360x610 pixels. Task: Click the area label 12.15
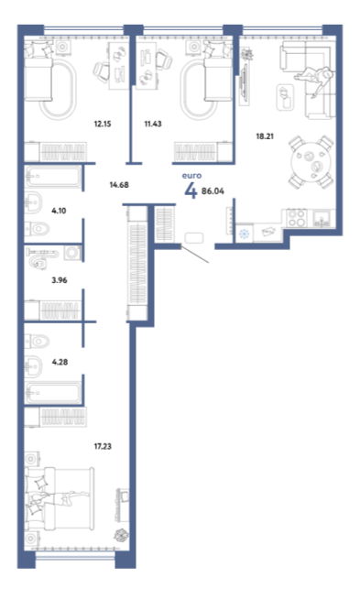[103, 124]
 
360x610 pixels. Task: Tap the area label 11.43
[153, 124]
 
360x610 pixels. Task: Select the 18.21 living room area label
[265, 136]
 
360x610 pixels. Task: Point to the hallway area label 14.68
[119, 185]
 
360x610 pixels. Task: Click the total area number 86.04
[213, 191]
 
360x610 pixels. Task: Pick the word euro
[191, 176]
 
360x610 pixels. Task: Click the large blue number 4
[191, 191]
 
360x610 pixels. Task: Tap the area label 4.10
[59, 211]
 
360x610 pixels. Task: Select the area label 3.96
[60, 280]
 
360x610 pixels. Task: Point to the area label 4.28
[60, 362]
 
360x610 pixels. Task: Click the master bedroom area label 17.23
[103, 446]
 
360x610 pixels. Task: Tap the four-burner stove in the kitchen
[297, 218]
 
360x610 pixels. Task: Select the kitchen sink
[322, 218]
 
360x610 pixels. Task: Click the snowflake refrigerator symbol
[244, 234]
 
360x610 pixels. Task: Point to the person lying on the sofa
[313, 77]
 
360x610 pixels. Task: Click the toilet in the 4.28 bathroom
[38, 342]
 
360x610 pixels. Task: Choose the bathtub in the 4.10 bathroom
[53, 177]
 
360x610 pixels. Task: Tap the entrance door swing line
[195, 255]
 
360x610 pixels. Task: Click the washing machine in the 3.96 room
[72, 253]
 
